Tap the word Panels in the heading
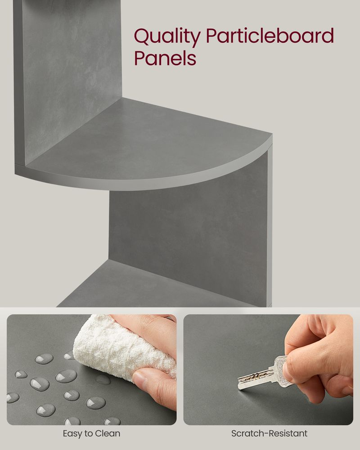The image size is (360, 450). (x=165, y=58)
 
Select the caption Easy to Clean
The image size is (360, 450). (x=91, y=434)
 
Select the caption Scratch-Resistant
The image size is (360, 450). (x=269, y=434)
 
